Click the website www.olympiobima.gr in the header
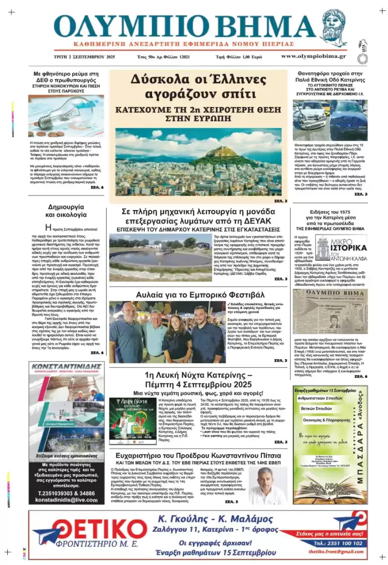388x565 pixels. click(x=314, y=56)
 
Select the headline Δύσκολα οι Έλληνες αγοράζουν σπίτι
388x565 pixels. click(x=198, y=85)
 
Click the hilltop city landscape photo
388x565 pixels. click(x=198, y=161)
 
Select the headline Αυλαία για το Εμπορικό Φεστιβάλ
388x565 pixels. click(x=198, y=295)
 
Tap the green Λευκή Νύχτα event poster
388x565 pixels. click(x=129, y=421)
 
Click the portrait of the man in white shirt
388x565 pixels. click(x=268, y=485)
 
